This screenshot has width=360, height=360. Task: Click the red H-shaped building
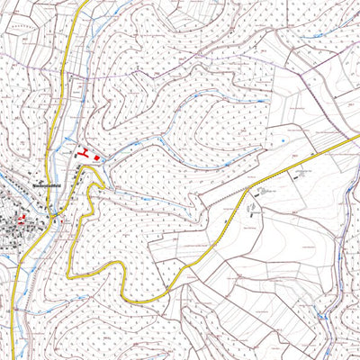pos(85,154)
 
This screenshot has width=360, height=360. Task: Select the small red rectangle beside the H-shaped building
pos(97,157)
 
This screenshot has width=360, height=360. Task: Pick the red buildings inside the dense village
pos(20,217)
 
